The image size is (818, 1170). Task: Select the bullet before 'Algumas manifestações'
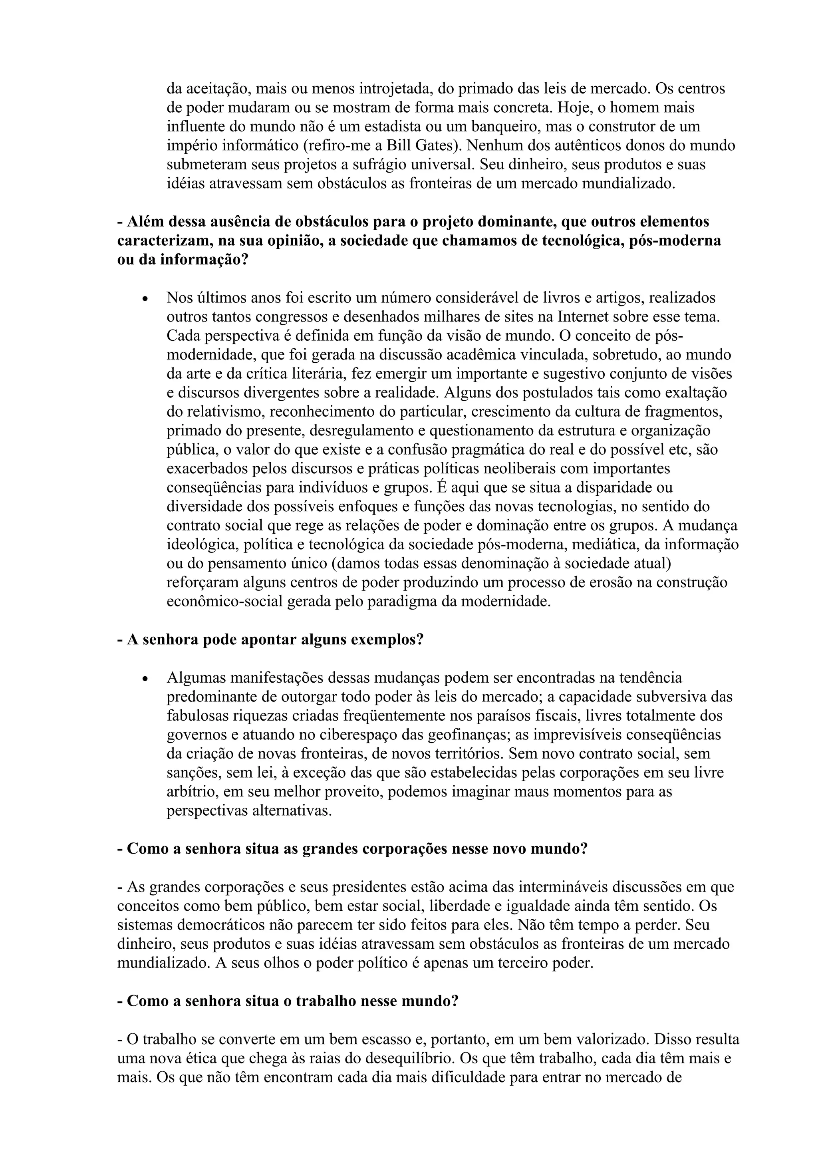coord(145,680)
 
